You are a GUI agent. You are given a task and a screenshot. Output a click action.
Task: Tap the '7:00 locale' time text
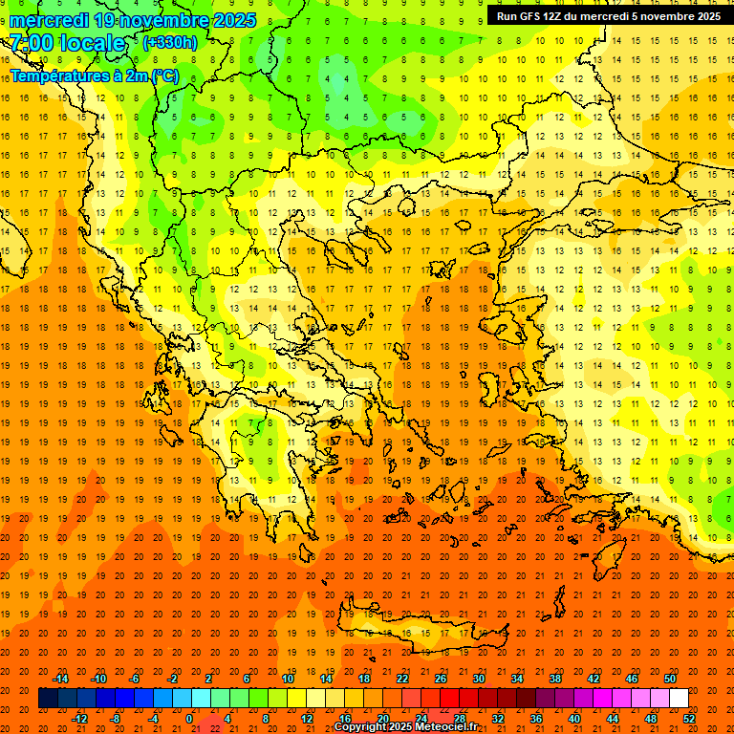click(67, 43)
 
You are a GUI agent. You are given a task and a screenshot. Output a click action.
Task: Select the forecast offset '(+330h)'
click(170, 43)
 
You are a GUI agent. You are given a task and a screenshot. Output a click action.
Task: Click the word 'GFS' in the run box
click(534, 16)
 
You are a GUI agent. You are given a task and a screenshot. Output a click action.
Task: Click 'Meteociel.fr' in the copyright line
click(460, 727)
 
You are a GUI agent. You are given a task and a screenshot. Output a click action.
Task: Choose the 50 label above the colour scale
click(670, 679)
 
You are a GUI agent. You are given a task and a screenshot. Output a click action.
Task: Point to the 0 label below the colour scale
click(189, 718)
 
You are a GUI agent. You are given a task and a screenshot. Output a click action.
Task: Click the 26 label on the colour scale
click(441, 679)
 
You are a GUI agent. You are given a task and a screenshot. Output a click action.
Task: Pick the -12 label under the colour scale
click(79, 718)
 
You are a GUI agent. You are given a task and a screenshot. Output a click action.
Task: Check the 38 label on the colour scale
click(555, 679)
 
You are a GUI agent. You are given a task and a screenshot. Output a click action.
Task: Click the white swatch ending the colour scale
click(680, 698)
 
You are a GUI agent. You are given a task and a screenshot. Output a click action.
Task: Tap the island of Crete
click(421, 635)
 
